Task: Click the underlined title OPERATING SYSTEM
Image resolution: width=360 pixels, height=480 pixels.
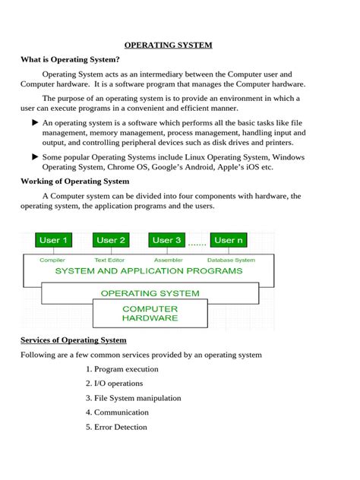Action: (168, 45)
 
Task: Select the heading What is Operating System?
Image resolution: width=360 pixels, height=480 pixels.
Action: (70, 59)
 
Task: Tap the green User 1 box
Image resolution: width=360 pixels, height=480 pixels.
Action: (53, 240)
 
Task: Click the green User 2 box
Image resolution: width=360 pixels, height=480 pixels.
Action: (112, 240)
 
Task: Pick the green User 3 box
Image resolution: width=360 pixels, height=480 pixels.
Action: (167, 240)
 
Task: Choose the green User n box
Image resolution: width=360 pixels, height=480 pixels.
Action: (229, 240)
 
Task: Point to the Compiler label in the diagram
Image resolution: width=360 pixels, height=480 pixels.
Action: (52, 259)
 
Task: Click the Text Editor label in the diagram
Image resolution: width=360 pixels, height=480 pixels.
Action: (112, 259)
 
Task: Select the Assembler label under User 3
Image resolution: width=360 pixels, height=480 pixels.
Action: (167, 259)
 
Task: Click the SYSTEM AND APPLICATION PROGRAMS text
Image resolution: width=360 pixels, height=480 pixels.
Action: (149, 270)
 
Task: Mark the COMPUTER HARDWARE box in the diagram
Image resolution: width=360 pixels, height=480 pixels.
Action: (150, 314)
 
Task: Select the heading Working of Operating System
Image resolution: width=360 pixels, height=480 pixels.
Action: (74, 182)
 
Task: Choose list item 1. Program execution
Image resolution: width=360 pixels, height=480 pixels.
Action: (122, 369)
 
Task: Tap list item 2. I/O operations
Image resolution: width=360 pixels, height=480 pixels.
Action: (114, 384)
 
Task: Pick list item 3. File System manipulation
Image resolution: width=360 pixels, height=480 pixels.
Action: (133, 398)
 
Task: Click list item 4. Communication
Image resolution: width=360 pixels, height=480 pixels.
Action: (117, 412)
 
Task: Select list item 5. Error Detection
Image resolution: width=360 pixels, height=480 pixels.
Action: (116, 427)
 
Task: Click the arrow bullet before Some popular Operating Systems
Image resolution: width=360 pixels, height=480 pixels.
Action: (35, 156)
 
